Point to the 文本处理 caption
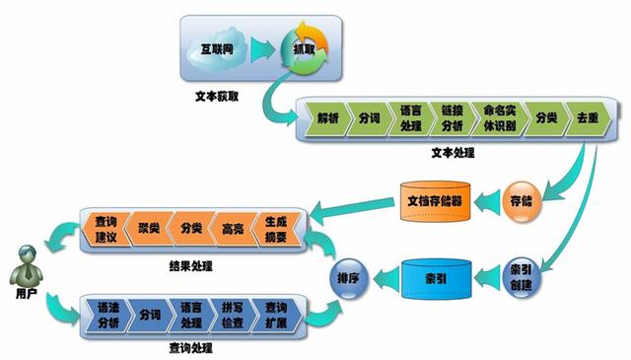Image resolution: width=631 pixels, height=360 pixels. pos(453,153)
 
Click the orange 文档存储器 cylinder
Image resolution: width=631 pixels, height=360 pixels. pos(435,200)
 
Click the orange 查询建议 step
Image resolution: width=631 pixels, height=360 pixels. pos(106,228)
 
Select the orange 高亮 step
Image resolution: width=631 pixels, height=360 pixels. pos(233,228)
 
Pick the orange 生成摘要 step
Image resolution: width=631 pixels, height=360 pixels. pos(276,228)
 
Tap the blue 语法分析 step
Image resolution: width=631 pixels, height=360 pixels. pos(106,316)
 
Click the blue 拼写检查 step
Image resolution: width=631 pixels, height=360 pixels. pos(233,316)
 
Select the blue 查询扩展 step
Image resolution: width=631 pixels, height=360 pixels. pos(276,316)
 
